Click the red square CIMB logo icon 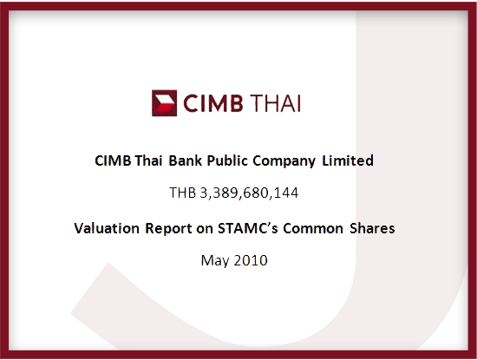pyautogui.click(x=164, y=103)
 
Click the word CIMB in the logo pyautogui.click(x=213, y=103)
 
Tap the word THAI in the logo pyautogui.click(x=276, y=103)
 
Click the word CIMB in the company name pyautogui.click(x=113, y=160)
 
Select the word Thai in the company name pyautogui.click(x=148, y=160)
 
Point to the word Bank pyautogui.click(x=186, y=160)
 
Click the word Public pyautogui.click(x=227, y=160)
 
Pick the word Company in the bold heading pyautogui.click(x=284, y=161)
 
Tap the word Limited pyautogui.click(x=348, y=160)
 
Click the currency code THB pyautogui.click(x=182, y=193)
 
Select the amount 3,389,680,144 pyautogui.click(x=249, y=193)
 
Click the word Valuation pyautogui.click(x=107, y=228)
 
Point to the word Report pyautogui.click(x=168, y=229)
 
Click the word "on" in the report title pyautogui.click(x=205, y=230)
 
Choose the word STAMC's pyautogui.click(x=248, y=228)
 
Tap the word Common pyautogui.click(x=313, y=228)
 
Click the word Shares pyautogui.click(x=372, y=228)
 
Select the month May pyautogui.click(x=215, y=261)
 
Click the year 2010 pyautogui.click(x=251, y=260)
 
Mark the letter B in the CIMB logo pyautogui.click(x=236, y=103)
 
